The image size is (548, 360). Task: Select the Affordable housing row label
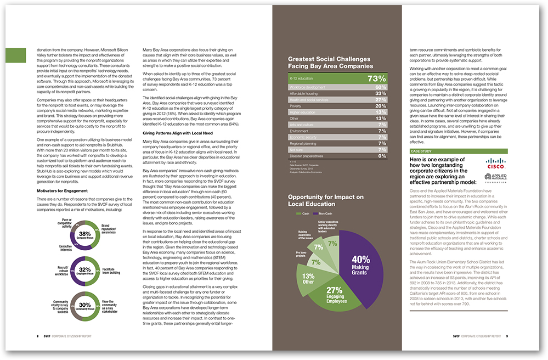305,93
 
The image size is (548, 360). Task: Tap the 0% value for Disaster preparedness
382,156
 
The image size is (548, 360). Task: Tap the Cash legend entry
304,213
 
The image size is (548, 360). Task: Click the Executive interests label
61,248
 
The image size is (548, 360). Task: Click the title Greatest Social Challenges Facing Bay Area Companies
329,63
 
